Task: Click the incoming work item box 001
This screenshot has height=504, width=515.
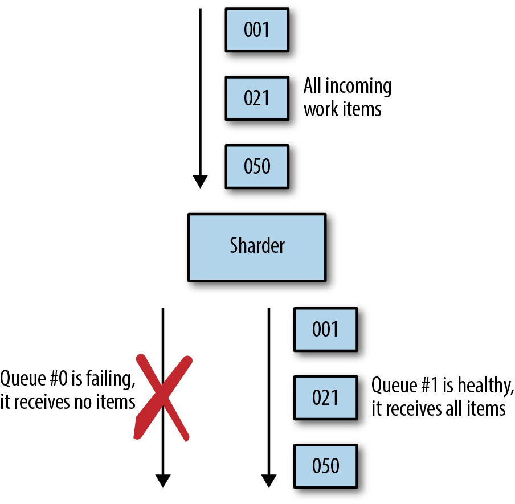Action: (257, 30)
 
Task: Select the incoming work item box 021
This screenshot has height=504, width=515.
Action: (257, 98)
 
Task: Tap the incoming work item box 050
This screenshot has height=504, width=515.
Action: (257, 166)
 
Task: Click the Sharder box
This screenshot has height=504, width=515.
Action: (257, 247)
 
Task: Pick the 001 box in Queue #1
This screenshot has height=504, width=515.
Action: (325, 329)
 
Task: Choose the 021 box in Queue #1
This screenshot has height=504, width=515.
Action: (325, 398)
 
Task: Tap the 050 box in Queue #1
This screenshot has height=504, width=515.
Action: (325, 466)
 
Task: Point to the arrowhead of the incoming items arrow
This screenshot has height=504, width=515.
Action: (200, 182)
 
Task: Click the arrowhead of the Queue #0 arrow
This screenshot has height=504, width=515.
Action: (163, 481)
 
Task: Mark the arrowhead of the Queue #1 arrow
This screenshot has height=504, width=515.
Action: (269, 481)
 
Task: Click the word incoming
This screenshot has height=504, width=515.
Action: (358, 86)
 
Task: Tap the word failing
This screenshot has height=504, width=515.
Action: (111, 379)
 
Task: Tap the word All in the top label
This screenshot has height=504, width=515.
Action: (312, 85)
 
